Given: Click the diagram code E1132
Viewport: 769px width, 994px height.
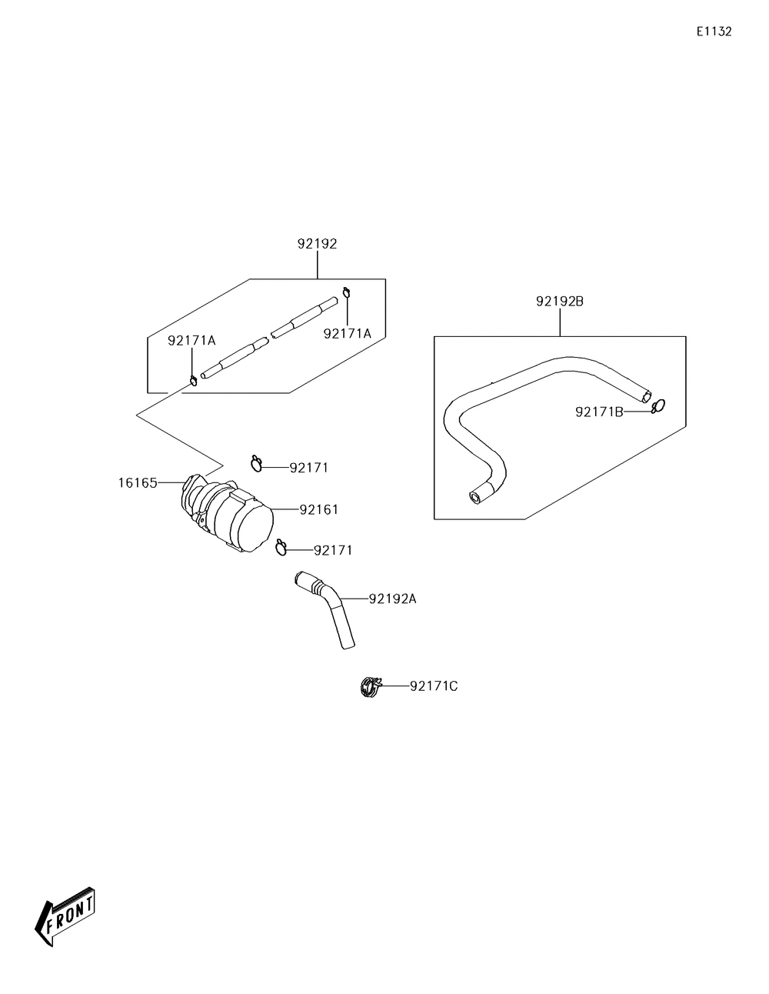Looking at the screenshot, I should (714, 32).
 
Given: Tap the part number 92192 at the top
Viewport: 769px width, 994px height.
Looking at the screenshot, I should (317, 244).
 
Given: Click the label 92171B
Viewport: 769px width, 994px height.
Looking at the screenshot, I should (599, 412).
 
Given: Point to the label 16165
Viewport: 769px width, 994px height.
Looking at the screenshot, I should (138, 483).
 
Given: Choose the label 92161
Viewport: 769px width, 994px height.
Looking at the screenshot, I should (319, 509).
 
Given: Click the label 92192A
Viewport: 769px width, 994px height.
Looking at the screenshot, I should (392, 599).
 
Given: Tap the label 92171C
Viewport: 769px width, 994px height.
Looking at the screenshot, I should (434, 685).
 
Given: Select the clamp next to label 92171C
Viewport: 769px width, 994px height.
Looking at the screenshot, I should (371, 685).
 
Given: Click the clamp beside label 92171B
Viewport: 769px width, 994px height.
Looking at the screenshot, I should (657, 406).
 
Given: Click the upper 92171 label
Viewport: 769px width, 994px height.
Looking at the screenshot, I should (309, 467).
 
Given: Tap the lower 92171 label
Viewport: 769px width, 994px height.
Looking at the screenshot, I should (333, 550).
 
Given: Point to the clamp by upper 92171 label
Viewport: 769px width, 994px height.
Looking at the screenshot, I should (257, 462).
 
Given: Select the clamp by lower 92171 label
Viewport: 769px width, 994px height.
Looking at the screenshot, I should (281, 546).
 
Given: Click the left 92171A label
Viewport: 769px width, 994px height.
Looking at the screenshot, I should (191, 340).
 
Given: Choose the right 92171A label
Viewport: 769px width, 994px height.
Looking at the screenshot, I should (348, 333).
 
